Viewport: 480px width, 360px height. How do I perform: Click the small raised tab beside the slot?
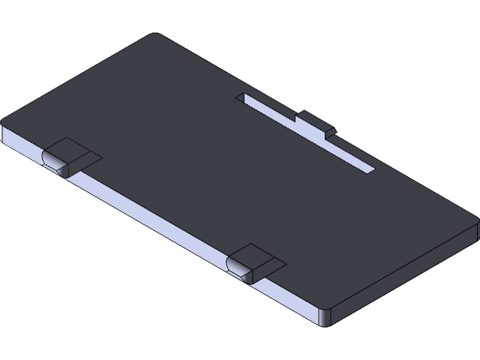pyautogui.click(x=315, y=122)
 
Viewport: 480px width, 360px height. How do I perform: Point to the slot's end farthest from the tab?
pyautogui.click(x=241, y=97)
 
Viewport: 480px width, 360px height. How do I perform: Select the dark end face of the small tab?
pyautogui.click(x=328, y=133)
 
